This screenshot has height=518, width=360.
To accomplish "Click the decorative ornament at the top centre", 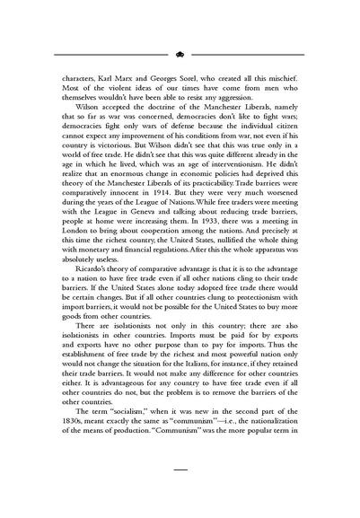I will point(180,53).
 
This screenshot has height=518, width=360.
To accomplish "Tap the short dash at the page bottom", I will point(180,493).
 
